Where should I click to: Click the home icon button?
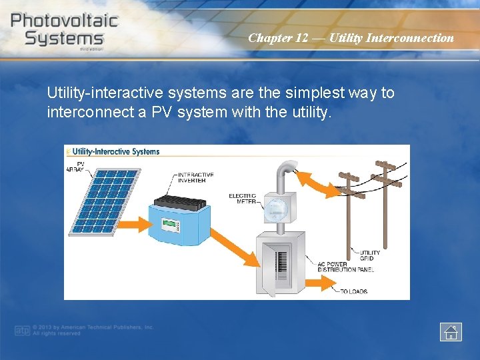(451, 331)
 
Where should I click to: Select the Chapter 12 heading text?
(351, 38)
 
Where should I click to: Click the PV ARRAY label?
(77, 166)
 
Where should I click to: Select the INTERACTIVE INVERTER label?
(196, 178)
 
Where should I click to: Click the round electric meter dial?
(276, 209)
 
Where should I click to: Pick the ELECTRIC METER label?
(242, 199)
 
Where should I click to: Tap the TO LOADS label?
(353, 291)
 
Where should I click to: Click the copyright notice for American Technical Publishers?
(93, 330)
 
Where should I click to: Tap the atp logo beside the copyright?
(23, 331)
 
